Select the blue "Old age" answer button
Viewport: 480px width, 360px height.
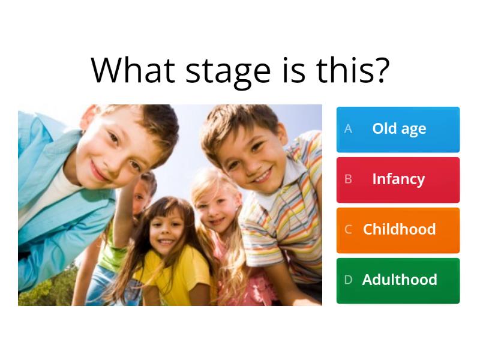[398, 129]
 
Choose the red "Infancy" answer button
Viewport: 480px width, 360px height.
[398, 179]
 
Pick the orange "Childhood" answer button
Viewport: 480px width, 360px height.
[398, 230]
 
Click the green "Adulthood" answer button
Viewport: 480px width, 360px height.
[398, 280]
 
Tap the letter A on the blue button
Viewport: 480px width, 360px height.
[348, 129]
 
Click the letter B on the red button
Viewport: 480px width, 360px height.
[348, 179]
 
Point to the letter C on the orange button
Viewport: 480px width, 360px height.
[348, 230]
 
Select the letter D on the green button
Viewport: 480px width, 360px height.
[348, 280]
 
